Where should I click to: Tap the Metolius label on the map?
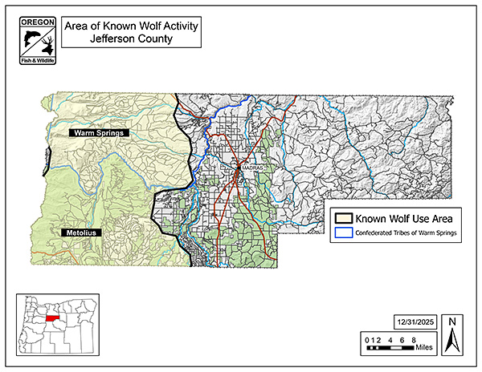click(x=81, y=232)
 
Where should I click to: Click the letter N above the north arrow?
click(x=452, y=322)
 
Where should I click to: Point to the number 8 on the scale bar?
click(x=413, y=342)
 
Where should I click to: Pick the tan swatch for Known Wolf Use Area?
click(x=345, y=217)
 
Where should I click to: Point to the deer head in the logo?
click(x=45, y=38)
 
